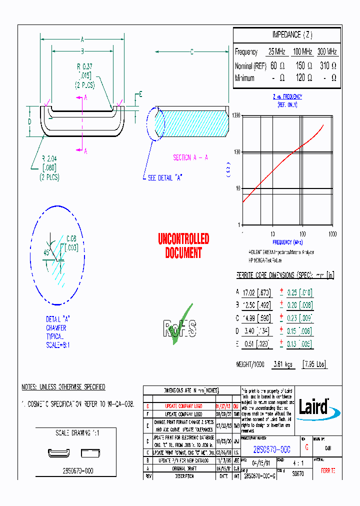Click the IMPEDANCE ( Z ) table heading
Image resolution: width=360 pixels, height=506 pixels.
pos(292,34)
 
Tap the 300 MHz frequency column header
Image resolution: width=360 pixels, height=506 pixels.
pos(327,52)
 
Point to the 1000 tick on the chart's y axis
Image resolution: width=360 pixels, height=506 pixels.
pos(235,115)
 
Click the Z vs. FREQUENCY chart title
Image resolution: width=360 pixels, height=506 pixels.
pos(287,97)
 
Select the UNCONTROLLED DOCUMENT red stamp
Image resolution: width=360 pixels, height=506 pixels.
pos(183,246)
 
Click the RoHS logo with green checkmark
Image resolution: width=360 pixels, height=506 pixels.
pos(179,325)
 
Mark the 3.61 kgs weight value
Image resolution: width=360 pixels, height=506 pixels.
pos(281,364)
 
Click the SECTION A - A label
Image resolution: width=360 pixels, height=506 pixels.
pos(190,157)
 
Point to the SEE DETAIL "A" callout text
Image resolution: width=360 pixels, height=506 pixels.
pos(164,177)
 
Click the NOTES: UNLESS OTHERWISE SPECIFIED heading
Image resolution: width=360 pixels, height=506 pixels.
pos(63,387)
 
